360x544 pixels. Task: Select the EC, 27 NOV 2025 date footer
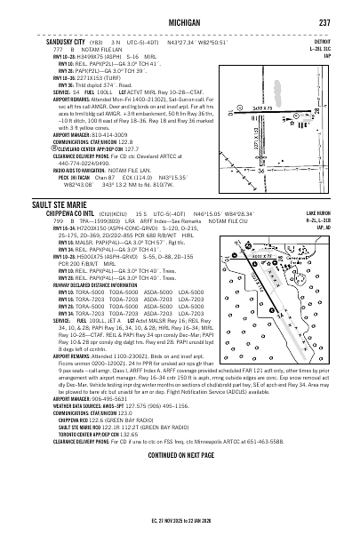point(180,532)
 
